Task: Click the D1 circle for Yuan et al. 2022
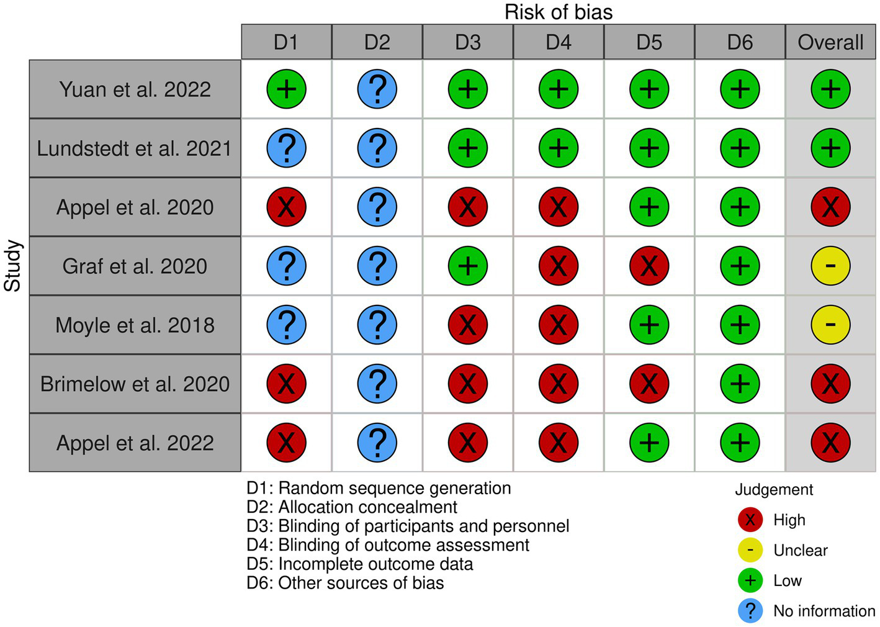[286, 89]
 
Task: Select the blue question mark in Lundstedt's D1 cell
[286, 148]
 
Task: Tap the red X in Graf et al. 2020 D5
[649, 266]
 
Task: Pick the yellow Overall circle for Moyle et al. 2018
[830, 325]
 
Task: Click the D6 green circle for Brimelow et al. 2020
[740, 384]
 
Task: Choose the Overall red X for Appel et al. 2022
[830, 443]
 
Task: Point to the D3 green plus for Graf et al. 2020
[468, 266]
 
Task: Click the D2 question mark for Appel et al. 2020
[377, 207]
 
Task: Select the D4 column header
[559, 42]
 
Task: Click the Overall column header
[830, 42]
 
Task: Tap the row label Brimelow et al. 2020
[135, 384]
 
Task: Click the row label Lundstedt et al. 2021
[135, 148]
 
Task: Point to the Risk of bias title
[559, 12]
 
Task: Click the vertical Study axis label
[13, 266]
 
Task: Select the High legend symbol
[750, 520]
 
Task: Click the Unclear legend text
[800, 550]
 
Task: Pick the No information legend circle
[750, 611]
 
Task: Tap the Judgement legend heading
[774, 490]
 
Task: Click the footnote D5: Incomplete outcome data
[359, 564]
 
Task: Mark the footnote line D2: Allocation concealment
[351, 507]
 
